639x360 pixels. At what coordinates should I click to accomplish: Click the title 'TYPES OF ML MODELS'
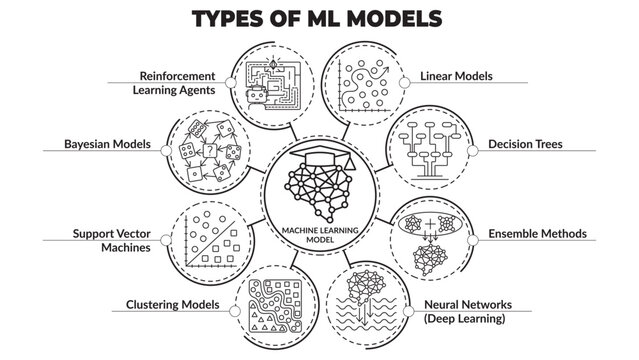coord(319,19)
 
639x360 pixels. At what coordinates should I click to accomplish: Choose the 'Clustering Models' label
coord(172,304)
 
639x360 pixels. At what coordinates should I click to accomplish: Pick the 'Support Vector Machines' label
coord(110,241)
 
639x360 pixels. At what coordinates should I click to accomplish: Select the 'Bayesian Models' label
coord(102,145)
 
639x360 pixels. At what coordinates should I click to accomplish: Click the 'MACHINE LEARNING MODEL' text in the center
coord(319,231)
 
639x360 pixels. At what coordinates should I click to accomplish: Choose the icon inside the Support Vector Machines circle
coord(210,241)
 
